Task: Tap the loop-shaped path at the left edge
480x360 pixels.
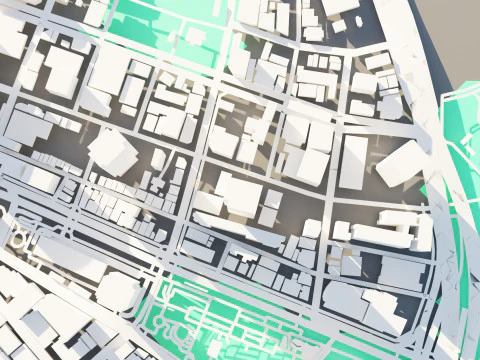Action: click(x=18, y=237)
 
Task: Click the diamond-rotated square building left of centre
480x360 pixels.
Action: click(x=112, y=149)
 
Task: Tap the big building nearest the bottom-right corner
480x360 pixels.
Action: click(x=385, y=312)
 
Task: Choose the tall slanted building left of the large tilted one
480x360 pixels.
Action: click(x=354, y=162)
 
